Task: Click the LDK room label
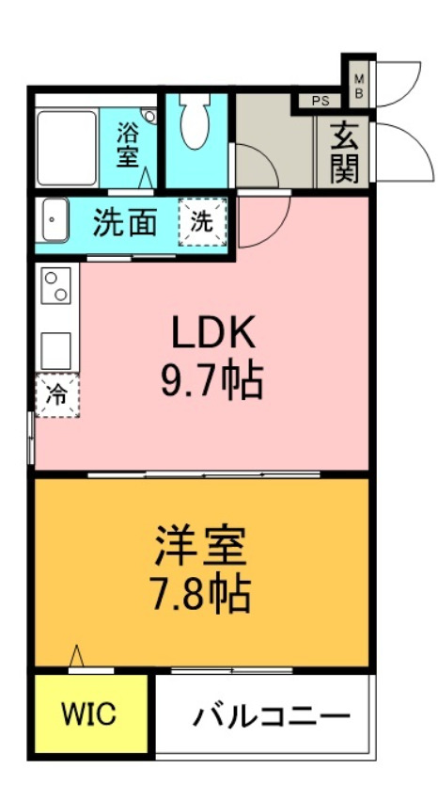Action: coord(212,334)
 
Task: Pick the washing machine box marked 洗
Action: coord(202,224)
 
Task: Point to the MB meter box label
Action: coord(358,87)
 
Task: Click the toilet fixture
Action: coord(195,122)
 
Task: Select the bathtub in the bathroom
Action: coord(68,147)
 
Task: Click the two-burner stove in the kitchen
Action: coord(57,284)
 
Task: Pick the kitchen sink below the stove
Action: coord(56,350)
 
